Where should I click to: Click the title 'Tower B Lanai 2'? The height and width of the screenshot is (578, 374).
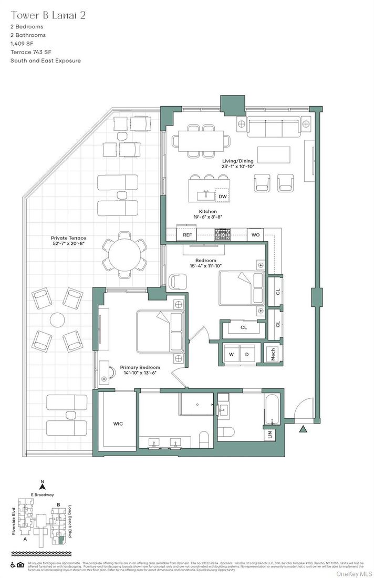click(48, 15)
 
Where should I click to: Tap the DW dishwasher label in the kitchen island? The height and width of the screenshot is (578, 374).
click(223, 197)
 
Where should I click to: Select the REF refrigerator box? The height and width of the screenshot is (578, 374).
click(188, 235)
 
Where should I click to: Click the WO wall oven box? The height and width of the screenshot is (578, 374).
click(255, 235)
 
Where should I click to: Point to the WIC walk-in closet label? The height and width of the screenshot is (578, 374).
click(118, 423)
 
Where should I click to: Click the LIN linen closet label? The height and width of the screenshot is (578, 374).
click(270, 435)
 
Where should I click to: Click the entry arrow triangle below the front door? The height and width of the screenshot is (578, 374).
click(303, 430)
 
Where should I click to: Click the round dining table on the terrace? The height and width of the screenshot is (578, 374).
click(124, 254)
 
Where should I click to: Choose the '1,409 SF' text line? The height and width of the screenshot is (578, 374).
click(22, 44)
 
